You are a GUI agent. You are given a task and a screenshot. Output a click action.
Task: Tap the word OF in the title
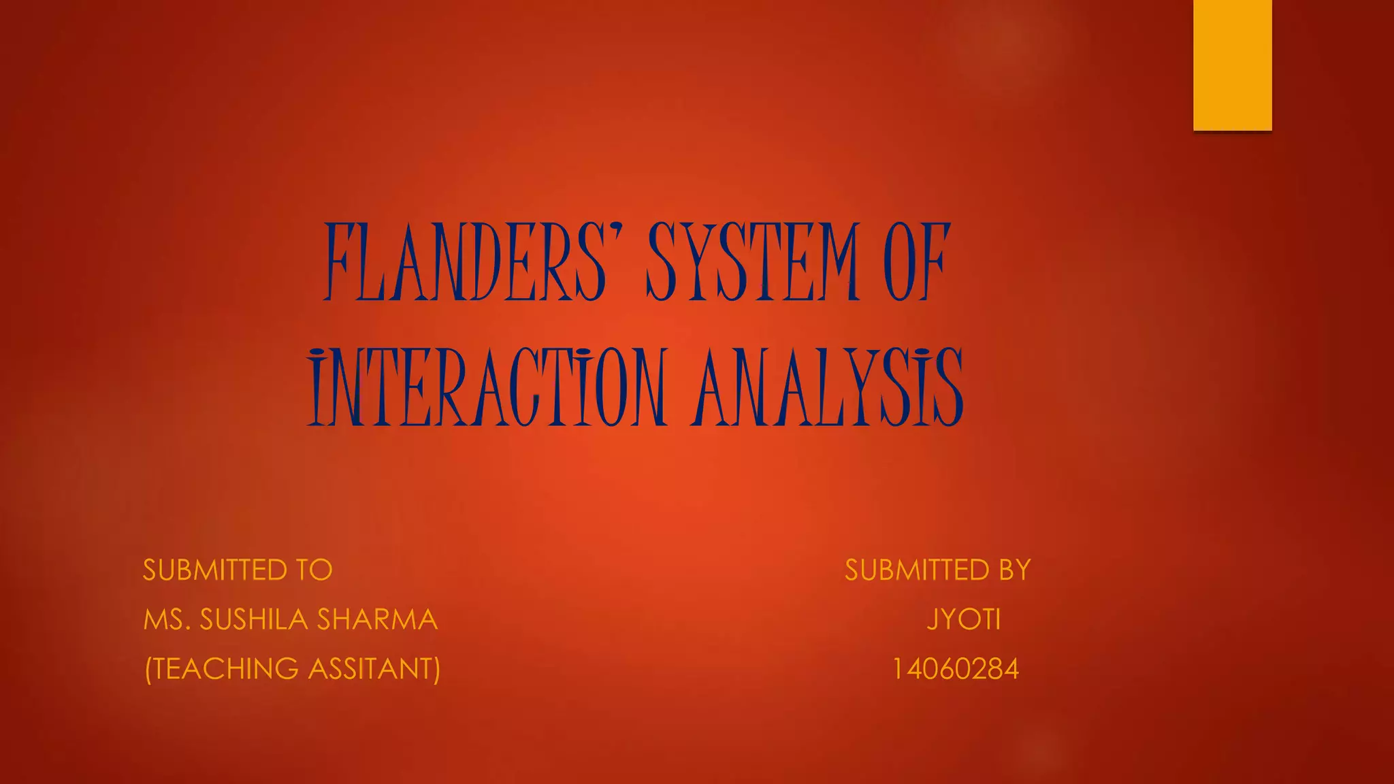click(916, 262)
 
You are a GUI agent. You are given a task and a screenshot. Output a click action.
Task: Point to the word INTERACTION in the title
click(487, 387)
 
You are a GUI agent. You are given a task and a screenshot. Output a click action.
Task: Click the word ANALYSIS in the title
click(828, 387)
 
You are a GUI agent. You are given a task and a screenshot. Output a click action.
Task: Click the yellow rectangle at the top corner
click(1232, 65)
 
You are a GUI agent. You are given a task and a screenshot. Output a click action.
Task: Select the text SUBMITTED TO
click(238, 570)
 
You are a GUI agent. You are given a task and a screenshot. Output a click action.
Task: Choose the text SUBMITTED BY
click(938, 570)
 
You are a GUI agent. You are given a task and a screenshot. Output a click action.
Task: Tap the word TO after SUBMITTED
click(314, 570)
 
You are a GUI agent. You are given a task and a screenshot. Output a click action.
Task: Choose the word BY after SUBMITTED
click(1015, 570)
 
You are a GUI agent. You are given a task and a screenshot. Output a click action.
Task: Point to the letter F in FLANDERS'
click(340, 262)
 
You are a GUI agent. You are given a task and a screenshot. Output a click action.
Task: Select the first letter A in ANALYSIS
click(712, 387)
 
